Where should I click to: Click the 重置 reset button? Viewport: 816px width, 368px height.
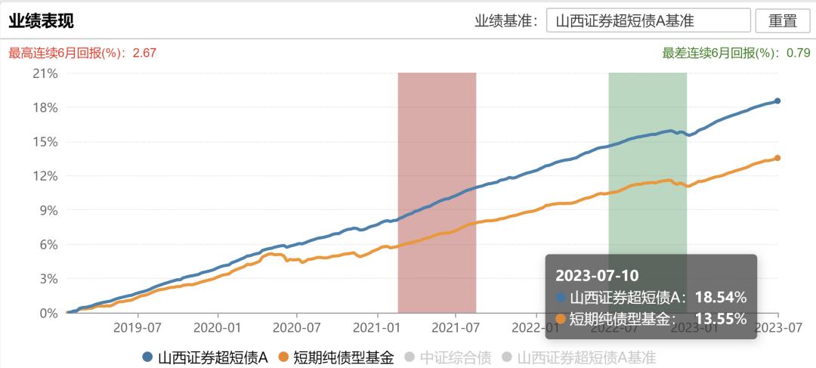click(782, 20)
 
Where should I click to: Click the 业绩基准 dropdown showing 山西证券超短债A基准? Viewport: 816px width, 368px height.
click(648, 20)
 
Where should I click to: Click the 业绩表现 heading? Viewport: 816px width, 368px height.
click(41, 20)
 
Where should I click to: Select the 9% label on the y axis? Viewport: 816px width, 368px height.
click(48, 210)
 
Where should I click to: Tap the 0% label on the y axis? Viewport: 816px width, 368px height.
click(48, 313)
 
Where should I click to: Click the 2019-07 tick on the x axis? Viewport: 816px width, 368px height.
click(138, 328)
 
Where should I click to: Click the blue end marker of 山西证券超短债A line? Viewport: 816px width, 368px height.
click(777, 101)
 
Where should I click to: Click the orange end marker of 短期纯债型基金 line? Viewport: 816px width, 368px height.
click(777, 158)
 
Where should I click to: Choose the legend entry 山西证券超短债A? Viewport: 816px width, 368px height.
click(206, 357)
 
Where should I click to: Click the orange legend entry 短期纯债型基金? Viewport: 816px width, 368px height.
click(336, 357)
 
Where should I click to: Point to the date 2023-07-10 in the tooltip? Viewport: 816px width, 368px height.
click(597, 274)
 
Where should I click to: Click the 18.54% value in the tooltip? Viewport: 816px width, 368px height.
click(720, 297)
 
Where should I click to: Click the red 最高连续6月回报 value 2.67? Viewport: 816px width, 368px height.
click(144, 53)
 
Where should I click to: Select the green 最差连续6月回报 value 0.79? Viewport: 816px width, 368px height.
click(798, 53)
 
